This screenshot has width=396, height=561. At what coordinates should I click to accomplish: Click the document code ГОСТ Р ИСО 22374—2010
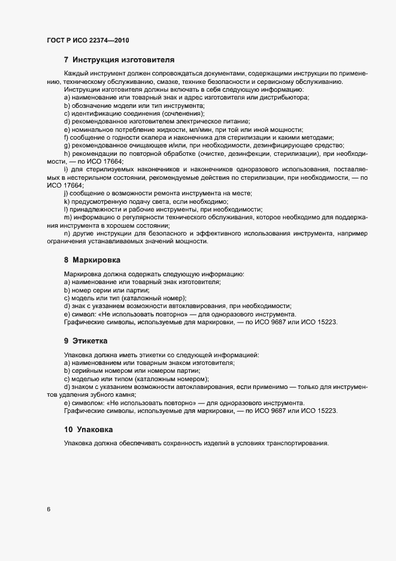88,40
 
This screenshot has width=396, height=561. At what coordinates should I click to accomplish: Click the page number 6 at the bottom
49,509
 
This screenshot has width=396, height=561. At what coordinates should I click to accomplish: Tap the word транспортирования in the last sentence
295,444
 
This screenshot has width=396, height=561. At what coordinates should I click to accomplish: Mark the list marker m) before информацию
67,217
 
